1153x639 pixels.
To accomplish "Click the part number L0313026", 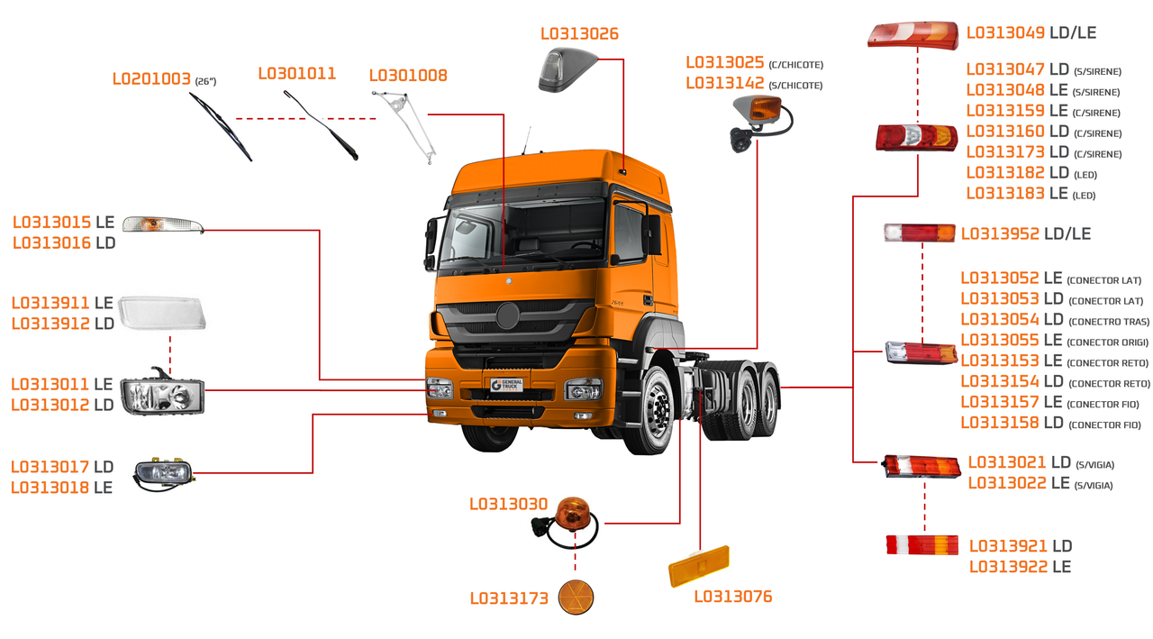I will (579, 34).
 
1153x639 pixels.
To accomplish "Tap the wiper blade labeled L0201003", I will (221, 127).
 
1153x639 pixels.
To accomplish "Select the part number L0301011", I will (296, 74).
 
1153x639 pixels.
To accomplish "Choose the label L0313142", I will (724, 84).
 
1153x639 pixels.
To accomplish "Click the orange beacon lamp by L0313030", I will (569, 515).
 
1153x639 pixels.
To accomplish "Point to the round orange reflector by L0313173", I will (576, 598).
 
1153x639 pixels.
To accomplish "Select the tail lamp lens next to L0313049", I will (912, 35).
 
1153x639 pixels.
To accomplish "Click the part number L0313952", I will (1000, 234).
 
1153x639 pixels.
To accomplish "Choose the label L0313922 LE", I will (1020, 567).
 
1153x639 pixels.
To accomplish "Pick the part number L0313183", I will (1005, 194).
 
